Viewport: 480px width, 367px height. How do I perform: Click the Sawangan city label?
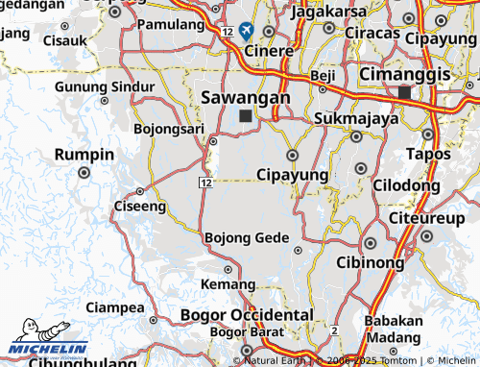pos(246,97)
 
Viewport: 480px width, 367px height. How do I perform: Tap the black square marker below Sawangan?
pos(247,116)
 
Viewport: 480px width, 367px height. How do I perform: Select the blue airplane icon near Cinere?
pos(247,31)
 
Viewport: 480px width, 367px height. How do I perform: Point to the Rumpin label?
pos(84,154)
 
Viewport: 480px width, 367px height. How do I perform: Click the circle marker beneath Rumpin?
pos(84,173)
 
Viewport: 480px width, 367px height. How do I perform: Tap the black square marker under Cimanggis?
pos(404,92)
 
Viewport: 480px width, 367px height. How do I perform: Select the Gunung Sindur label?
pos(106,86)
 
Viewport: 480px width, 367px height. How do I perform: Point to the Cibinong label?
pos(370,261)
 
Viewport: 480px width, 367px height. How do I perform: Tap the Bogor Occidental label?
pos(247,314)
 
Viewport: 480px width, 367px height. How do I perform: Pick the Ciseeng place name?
pos(139,206)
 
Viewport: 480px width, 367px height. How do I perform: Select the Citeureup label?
pos(428,218)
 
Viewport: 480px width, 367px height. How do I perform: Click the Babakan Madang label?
pos(392,330)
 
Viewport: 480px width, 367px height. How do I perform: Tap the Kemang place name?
pos(228,284)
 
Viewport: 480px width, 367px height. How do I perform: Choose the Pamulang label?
pos(170,23)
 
